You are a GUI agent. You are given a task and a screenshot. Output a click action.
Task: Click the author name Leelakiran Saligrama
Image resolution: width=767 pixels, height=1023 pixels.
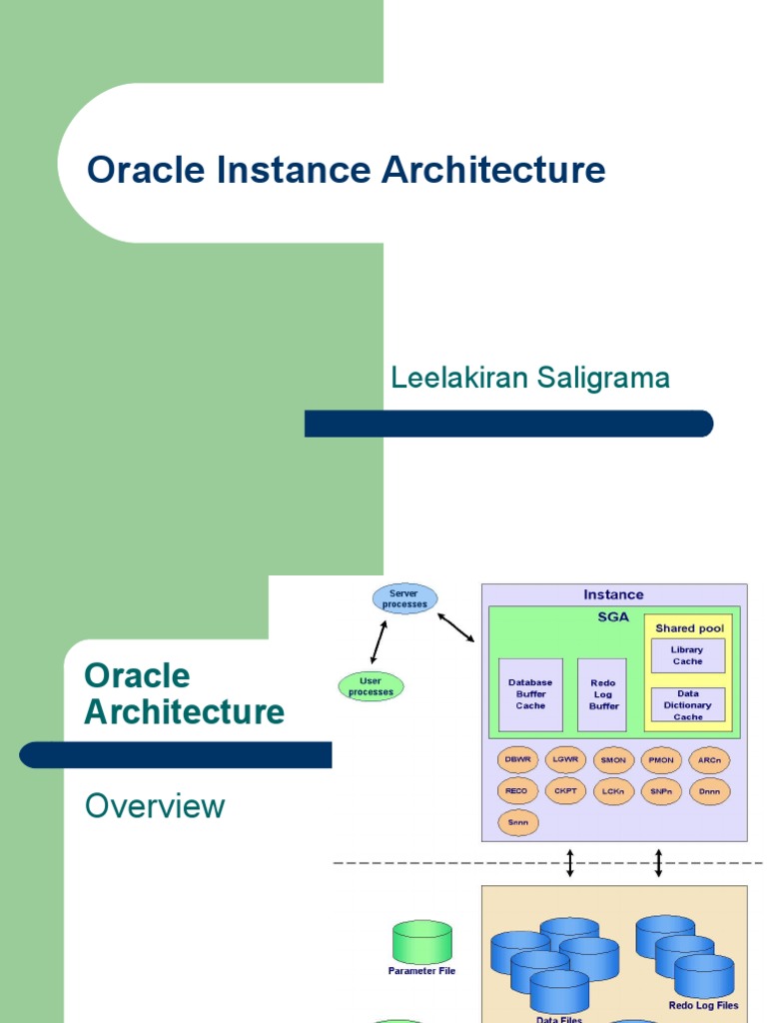tap(530, 378)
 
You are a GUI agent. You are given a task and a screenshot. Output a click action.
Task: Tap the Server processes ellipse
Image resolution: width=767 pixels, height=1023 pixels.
tap(403, 598)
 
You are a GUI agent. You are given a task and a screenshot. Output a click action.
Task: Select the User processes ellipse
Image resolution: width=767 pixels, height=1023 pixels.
tap(371, 686)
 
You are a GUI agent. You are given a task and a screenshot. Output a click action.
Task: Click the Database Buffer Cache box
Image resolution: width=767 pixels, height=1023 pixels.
tap(530, 693)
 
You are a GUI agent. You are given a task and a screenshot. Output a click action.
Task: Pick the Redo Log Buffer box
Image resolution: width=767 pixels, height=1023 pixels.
tap(602, 693)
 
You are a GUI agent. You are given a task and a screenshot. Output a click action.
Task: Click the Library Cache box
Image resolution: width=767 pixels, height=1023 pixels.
tap(687, 655)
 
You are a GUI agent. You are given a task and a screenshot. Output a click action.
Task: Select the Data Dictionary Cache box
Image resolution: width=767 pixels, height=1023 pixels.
tap(687, 704)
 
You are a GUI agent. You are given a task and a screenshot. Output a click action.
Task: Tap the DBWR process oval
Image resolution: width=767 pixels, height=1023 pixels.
tap(517, 760)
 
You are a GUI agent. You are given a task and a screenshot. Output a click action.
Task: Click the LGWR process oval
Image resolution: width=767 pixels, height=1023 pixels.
tap(565, 760)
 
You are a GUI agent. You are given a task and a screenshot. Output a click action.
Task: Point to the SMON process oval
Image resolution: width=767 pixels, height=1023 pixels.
tap(613, 760)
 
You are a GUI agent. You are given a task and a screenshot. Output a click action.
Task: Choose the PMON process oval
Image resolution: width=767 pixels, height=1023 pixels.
tap(661, 760)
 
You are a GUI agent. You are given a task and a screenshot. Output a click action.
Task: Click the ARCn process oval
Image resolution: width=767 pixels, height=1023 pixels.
tap(709, 760)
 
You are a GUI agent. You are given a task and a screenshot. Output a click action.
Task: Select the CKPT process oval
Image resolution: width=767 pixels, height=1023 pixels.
tap(565, 791)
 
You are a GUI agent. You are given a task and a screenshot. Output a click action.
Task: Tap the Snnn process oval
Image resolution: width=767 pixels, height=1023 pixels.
tap(517, 823)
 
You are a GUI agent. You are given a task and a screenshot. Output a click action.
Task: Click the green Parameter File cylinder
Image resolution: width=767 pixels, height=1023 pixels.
tap(421, 942)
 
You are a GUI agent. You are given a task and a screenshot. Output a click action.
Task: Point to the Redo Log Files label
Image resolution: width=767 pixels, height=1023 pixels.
tap(703, 1005)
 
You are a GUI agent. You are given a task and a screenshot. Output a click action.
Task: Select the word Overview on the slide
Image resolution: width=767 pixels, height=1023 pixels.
tap(155, 806)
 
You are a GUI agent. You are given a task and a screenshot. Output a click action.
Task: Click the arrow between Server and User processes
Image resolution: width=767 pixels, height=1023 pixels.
tap(380, 642)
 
